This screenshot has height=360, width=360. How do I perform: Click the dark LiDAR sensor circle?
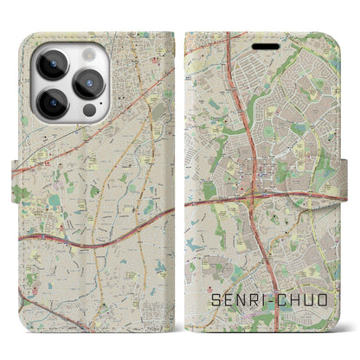[x=87, y=113]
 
